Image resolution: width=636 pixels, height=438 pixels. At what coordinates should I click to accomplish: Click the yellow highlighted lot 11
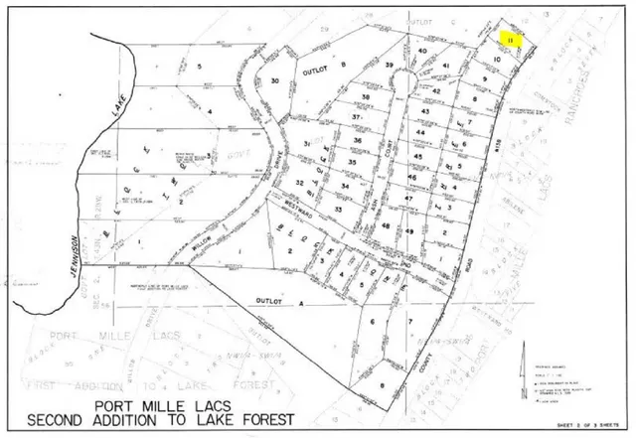[510, 39]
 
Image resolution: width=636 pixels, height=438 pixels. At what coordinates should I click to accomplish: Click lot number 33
[339, 210]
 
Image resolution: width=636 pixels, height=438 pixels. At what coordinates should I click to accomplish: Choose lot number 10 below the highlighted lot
[495, 60]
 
